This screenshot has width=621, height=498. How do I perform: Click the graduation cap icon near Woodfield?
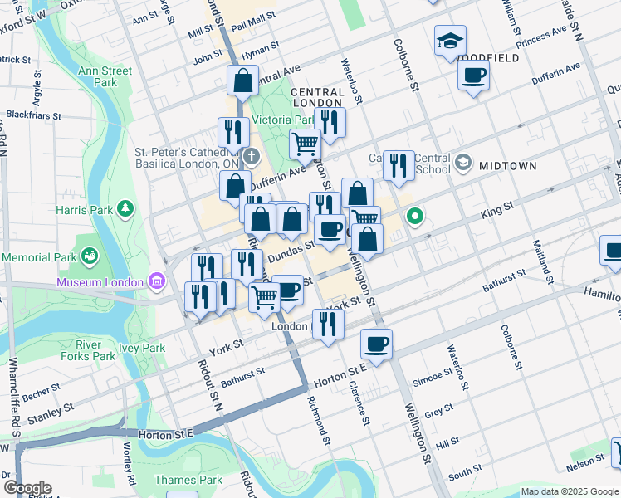(450, 40)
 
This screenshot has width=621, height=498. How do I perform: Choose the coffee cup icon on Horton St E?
(376, 343)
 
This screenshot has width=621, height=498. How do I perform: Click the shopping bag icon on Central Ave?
(242, 81)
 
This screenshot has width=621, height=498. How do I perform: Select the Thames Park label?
(188, 479)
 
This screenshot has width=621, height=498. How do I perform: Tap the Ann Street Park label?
(105, 76)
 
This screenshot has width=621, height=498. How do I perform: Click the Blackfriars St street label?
(33, 115)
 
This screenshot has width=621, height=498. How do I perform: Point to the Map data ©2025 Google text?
(570, 491)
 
